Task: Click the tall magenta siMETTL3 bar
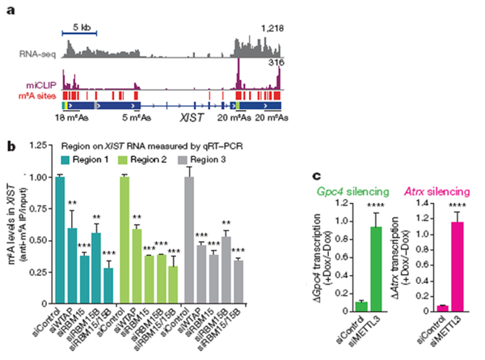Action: click(x=463, y=267)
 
